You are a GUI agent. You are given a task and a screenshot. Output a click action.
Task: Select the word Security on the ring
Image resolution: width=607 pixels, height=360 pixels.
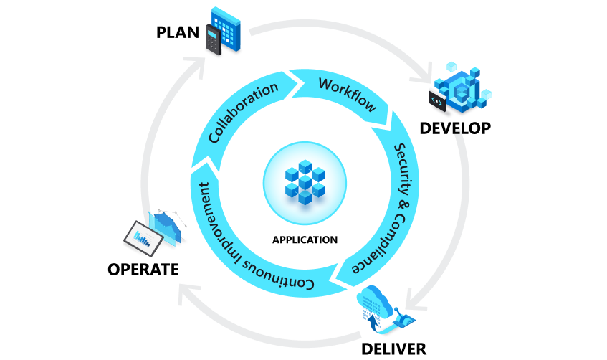406,169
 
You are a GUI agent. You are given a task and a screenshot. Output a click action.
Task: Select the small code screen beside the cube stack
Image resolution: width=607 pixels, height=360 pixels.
438,101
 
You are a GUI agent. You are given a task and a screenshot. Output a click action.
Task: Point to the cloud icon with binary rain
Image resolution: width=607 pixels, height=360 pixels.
378,302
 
